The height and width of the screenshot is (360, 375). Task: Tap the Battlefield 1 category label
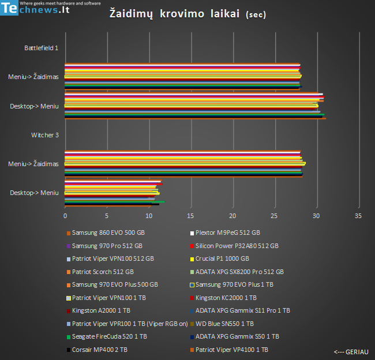pos(41,48)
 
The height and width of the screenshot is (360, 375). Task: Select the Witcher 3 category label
pos(44,135)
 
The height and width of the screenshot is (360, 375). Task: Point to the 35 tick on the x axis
pos(358,216)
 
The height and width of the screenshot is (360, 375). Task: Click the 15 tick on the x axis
pos(190,216)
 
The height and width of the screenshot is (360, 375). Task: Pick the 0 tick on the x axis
pos(65,216)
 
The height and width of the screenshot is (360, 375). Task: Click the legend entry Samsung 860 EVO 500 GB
pos(108,233)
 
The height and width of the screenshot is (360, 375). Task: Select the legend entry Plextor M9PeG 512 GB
pos(228,233)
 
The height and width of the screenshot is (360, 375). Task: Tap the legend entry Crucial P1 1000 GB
pos(222,259)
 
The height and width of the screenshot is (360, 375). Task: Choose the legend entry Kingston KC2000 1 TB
pos(226,298)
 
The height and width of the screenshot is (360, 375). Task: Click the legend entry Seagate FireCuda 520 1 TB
pos(109,336)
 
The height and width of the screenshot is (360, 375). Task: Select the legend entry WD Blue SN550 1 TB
pos(224,324)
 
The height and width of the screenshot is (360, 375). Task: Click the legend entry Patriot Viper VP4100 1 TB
pos(231,350)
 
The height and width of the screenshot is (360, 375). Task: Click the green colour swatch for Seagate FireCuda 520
pos(68,337)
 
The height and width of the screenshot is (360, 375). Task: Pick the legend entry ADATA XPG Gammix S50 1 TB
pos(237,336)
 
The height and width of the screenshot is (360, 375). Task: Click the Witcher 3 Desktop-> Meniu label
pos(34,193)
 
